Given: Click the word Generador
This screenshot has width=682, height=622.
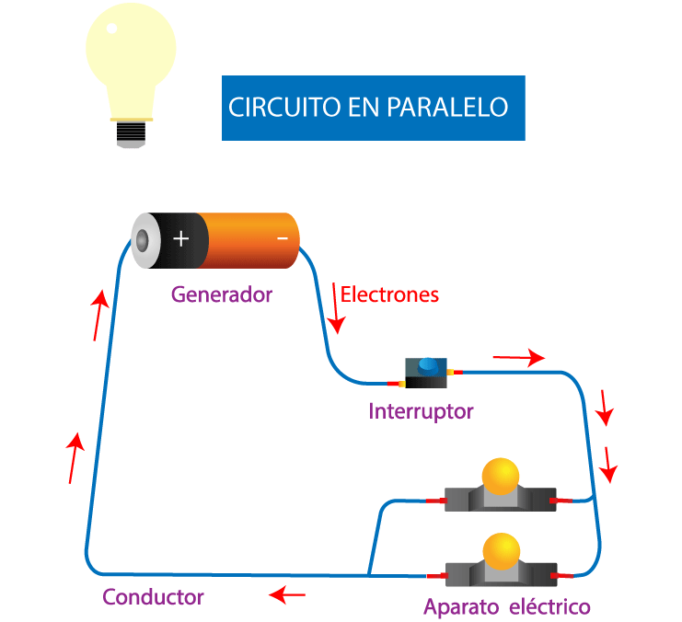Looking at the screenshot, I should click(222, 295).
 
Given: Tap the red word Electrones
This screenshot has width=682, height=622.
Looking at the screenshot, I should click(389, 295).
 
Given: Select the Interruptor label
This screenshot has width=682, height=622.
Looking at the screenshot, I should click(421, 411).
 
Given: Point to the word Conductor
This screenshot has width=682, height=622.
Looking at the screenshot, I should click(153, 596).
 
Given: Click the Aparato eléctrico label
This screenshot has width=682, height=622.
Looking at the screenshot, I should click(506, 607).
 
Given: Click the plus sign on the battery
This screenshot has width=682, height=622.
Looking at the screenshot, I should click(181, 239).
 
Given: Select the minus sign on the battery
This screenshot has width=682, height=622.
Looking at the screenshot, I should click(283, 239).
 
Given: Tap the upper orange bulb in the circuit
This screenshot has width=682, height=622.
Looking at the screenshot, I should click(501, 477).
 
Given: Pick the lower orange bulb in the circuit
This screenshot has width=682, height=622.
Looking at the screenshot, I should click(501, 550).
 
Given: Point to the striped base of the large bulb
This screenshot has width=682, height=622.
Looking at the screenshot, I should click(131, 134).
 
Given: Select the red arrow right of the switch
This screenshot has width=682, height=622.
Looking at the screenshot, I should click(518, 358).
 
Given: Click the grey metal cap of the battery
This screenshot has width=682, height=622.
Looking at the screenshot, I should click(144, 241).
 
